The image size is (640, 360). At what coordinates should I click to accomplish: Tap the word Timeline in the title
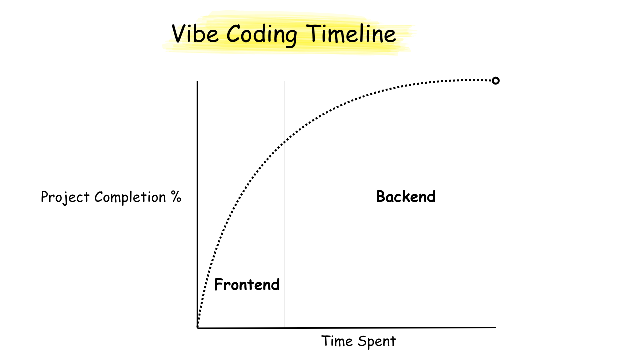tap(351, 34)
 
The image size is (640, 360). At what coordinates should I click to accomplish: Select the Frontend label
tap(247, 285)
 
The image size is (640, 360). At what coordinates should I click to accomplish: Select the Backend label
tap(405, 196)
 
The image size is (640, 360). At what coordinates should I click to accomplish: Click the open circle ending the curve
tap(495, 81)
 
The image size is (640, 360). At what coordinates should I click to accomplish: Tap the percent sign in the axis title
tap(176, 197)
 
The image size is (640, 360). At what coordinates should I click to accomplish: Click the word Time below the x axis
tap(337, 341)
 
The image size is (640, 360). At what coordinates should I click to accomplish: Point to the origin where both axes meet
tap(198, 328)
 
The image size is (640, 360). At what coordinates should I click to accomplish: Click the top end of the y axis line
tap(198, 81)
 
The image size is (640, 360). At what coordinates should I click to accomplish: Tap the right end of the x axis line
tap(495, 328)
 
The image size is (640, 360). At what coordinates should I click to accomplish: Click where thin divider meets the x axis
tap(285, 328)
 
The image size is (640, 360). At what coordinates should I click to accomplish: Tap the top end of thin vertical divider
tap(285, 81)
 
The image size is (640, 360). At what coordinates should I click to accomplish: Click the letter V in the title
tap(179, 34)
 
